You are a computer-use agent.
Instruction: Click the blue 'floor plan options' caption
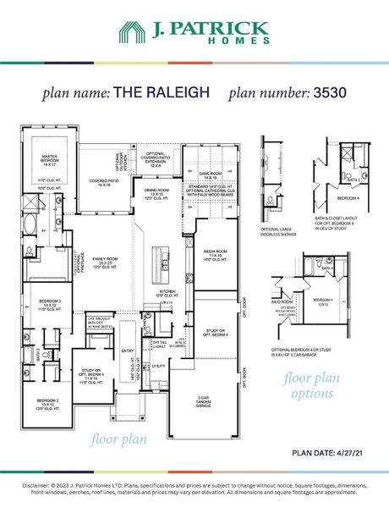pyautogui.click(x=312, y=386)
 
